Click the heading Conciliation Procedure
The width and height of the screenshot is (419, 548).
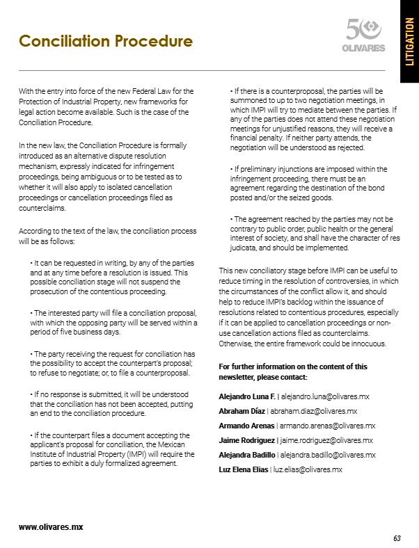click(106, 41)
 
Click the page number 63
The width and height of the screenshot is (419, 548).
click(397, 538)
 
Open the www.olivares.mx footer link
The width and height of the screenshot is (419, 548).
click(51, 526)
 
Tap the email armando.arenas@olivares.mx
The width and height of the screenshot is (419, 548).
click(328, 425)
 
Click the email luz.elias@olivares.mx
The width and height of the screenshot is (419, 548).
click(308, 469)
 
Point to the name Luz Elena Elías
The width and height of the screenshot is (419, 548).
click(243, 469)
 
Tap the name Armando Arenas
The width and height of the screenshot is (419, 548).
click(246, 425)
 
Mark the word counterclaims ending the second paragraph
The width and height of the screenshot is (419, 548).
click(42, 207)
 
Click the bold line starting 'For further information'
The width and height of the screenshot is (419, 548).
click(293, 366)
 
